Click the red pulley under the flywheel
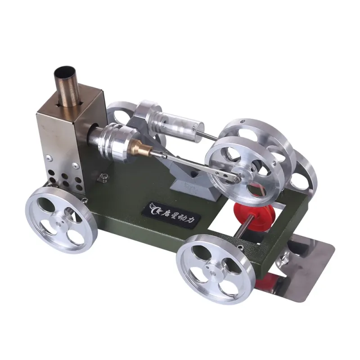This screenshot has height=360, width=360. pos(255,216)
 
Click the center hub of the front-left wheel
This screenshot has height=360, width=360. pos(59,221)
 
